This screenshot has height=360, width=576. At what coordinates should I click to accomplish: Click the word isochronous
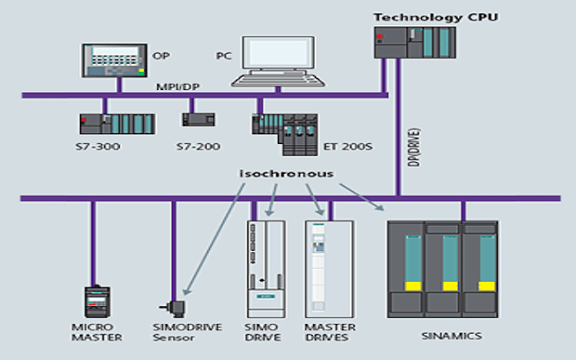286,173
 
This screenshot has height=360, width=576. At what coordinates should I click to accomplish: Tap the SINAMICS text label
452,336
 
